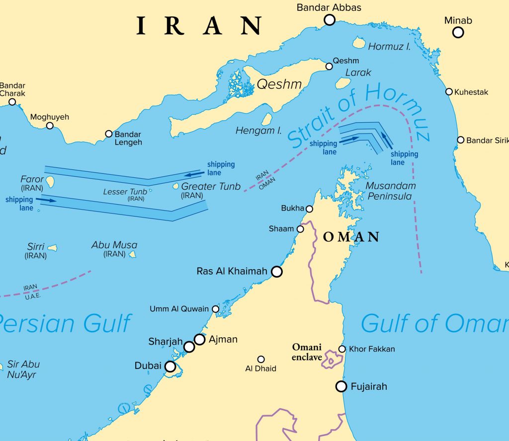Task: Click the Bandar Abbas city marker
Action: coord(329,20)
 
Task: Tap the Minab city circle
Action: coord(458,32)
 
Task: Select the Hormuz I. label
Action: coord(389,47)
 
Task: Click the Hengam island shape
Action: coord(267,119)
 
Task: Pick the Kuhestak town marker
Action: coord(449,92)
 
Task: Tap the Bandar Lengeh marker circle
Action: coord(109,134)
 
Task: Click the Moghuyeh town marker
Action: coord(50,126)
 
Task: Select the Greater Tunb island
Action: coord(175,187)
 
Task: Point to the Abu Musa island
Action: coord(132,254)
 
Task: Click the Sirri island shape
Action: coord(52,247)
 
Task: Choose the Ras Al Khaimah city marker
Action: coord(276,272)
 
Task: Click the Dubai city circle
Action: coord(170,367)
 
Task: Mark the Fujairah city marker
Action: coord(340,386)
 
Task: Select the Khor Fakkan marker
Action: coord(342,349)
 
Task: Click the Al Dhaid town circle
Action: coord(261,359)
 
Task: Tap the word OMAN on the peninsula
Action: coord(351,237)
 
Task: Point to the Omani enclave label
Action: coord(307,352)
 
